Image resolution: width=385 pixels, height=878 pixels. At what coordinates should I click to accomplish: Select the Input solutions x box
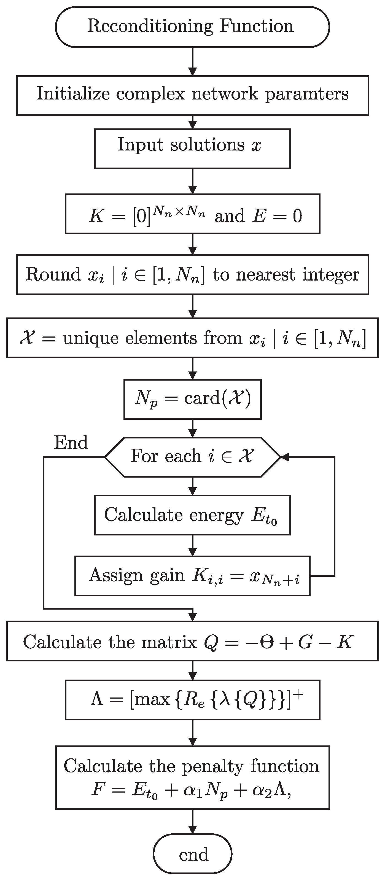(x=192, y=149)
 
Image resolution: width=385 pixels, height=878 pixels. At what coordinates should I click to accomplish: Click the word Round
(x=53, y=274)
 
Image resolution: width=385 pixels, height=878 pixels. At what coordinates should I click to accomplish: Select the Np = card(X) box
(x=192, y=399)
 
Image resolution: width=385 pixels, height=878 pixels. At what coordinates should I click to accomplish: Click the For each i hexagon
(x=192, y=457)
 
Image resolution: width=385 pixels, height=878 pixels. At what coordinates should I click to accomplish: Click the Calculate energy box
(x=192, y=515)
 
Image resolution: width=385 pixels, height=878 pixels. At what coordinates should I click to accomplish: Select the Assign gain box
(x=192, y=576)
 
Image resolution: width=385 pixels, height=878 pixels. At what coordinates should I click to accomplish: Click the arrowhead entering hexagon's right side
(x=284, y=457)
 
